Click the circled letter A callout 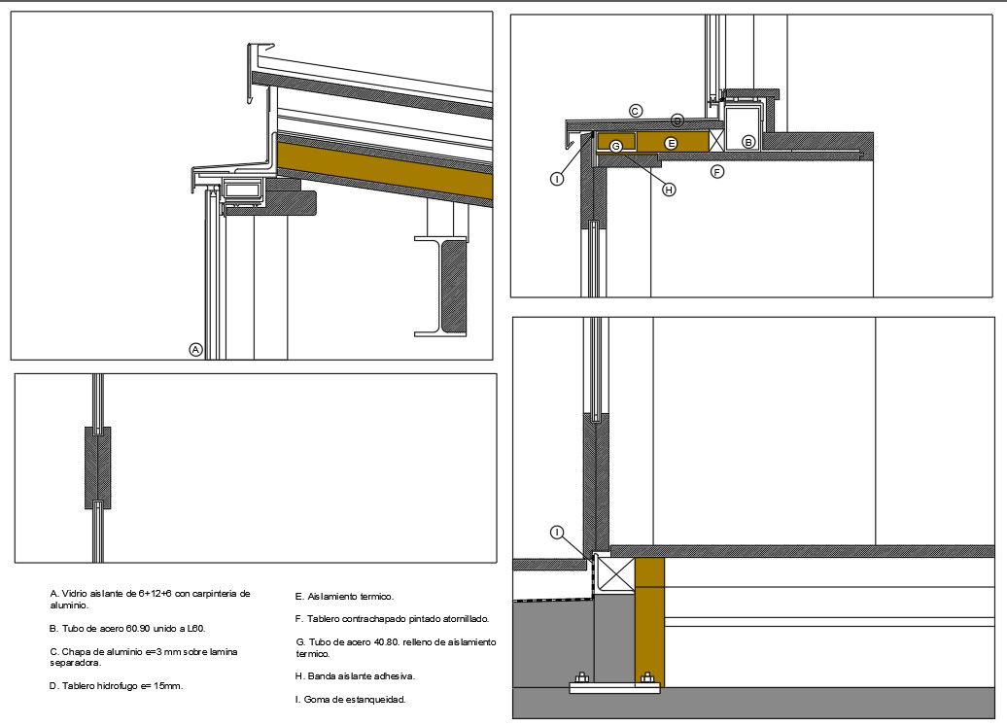pyautogui.click(x=196, y=350)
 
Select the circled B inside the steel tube pyautogui.click(x=748, y=143)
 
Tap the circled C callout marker pyautogui.click(x=635, y=111)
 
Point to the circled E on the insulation pyautogui.click(x=671, y=143)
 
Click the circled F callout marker pyautogui.click(x=717, y=171)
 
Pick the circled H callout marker pyautogui.click(x=669, y=190)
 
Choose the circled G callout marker pyautogui.click(x=616, y=147)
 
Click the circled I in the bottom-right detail pyautogui.click(x=558, y=533)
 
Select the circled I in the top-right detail pyautogui.click(x=557, y=179)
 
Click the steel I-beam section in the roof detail pyautogui.click(x=440, y=286)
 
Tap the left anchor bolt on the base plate pyautogui.click(x=582, y=678)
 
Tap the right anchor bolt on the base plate pyautogui.click(x=647, y=678)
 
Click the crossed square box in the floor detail pyautogui.click(x=614, y=573)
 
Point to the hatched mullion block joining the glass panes pyautogui.click(x=97, y=467)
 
